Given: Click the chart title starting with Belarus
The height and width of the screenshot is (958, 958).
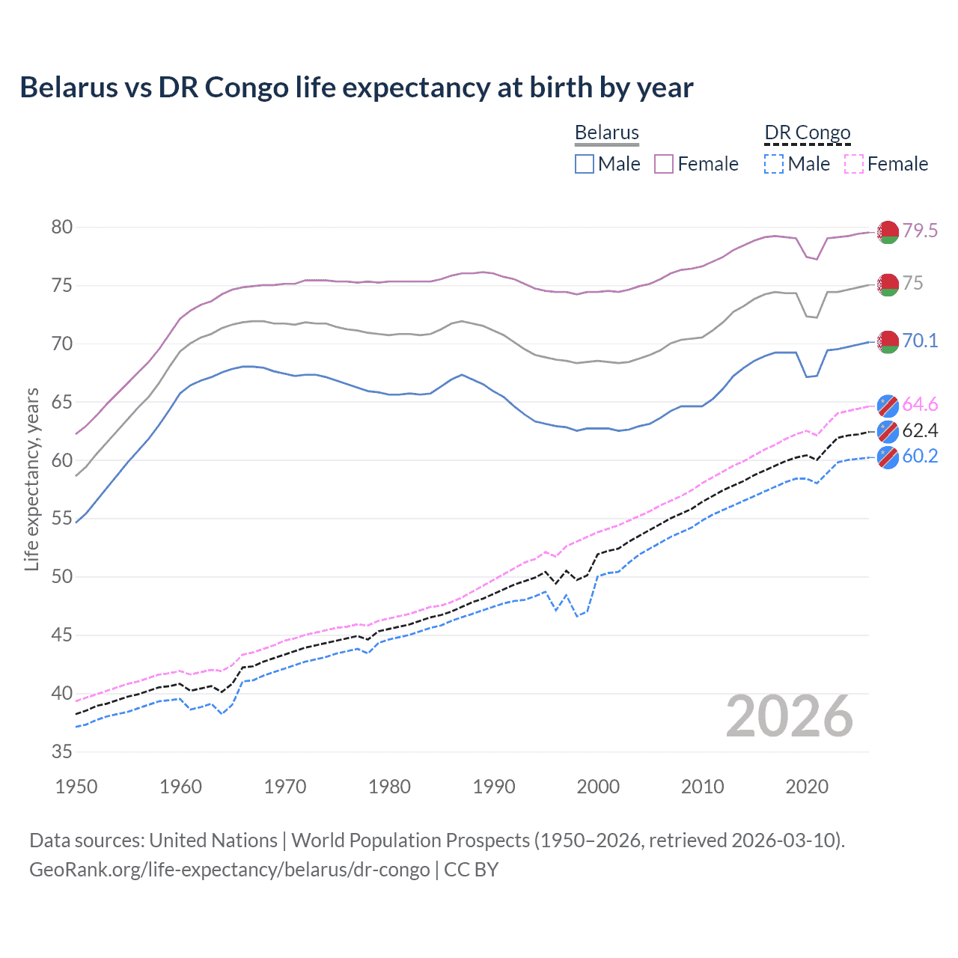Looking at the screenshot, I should (356, 87).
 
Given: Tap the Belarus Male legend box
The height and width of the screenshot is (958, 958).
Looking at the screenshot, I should (585, 164).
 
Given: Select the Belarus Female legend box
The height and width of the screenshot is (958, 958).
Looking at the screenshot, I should (664, 164).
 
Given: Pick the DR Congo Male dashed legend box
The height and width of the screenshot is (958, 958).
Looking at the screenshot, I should (774, 164).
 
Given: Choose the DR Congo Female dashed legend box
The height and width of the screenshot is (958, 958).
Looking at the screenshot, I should (854, 164).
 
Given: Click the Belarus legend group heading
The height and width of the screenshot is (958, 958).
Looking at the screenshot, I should (606, 132).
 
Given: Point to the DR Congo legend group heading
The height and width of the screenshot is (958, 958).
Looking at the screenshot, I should (808, 132).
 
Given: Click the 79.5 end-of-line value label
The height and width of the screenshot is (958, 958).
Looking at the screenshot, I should (920, 231).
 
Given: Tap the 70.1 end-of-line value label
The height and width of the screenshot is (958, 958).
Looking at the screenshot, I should (920, 341).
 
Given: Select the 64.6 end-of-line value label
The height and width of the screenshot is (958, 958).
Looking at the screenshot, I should (920, 404).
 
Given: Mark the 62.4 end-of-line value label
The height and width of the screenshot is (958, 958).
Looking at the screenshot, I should (920, 430).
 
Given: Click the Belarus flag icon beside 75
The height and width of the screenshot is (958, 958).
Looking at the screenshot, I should (888, 284).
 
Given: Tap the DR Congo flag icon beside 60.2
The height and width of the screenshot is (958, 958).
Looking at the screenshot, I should (888, 457).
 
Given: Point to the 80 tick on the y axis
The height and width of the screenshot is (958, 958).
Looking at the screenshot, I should (61, 227).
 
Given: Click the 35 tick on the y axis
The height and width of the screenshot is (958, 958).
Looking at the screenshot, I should (61, 751).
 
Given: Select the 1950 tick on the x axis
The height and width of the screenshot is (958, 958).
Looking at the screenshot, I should (76, 787).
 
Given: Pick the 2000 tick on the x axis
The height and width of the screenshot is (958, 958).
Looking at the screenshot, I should (598, 787).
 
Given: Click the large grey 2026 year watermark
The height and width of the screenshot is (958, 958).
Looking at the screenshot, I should (790, 716).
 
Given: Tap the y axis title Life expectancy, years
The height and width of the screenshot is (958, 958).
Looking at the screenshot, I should (31, 479).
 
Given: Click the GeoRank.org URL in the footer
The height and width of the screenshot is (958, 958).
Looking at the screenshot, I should (229, 870).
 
